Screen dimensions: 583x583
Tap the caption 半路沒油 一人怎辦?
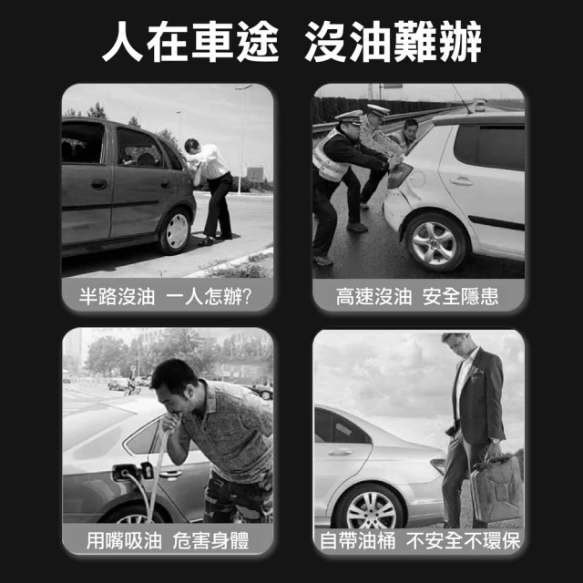[x=168, y=297]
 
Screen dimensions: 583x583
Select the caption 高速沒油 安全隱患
[x=417, y=297]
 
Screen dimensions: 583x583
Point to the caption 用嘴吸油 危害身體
[x=168, y=541]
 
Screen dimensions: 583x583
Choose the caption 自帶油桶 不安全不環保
[x=419, y=541]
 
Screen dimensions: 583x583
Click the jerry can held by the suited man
[x=497, y=491]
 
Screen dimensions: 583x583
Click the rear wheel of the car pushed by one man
[x=175, y=230]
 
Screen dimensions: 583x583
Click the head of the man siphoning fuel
[x=172, y=384]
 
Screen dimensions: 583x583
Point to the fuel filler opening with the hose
[x=121, y=472]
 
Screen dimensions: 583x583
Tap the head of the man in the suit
[x=456, y=344]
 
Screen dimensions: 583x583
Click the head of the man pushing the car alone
[x=192, y=146]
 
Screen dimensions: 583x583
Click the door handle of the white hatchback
[x=462, y=180]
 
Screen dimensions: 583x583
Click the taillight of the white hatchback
[x=399, y=175]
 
